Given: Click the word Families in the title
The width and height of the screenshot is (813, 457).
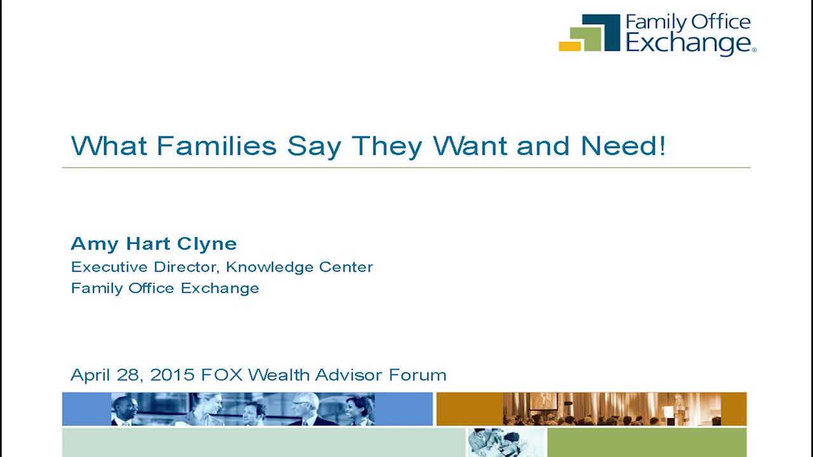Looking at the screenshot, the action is (217, 146).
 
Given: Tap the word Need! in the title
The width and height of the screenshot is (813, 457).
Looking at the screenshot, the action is (623, 146).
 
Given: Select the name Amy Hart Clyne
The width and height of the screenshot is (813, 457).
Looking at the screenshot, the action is (154, 244).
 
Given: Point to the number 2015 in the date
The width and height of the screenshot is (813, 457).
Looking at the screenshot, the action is (172, 374).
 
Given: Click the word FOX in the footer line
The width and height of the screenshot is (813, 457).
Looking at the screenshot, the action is (222, 374).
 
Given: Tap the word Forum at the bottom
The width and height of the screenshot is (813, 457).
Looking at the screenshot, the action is (417, 374).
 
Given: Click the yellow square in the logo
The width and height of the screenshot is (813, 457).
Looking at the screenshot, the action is (570, 46).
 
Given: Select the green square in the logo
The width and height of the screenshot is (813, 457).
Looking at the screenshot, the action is (586, 39).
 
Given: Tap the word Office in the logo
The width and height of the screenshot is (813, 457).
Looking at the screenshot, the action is (720, 22).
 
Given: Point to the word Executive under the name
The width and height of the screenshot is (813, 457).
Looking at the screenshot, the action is (110, 267).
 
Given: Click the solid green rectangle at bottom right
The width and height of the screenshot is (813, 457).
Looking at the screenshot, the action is (647, 442).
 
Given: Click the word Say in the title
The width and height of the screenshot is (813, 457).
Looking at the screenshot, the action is (314, 147).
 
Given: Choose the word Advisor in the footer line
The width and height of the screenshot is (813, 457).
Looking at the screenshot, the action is (349, 374).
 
